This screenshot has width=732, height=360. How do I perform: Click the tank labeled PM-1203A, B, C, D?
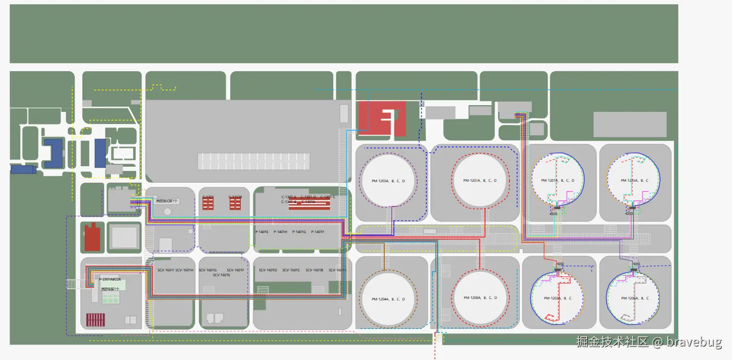pyautogui.click(x=389, y=180)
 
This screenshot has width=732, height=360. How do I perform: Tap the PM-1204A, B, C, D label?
pyautogui.click(x=389, y=299)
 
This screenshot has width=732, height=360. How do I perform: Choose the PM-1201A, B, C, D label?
pyautogui.click(x=558, y=180)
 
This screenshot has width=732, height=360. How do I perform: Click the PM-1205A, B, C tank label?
pyautogui.click(x=634, y=180)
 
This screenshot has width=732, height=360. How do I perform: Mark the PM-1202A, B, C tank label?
pyautogui.click(x=558, y=298)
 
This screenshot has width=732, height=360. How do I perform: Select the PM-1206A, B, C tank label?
pyautogui.click(x=634, y=298)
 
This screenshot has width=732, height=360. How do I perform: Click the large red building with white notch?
pyautogui.click(x=382, y=118)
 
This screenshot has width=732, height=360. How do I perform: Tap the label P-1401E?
pyautogui.click(x=262, y=232)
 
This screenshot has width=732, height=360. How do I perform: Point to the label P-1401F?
pyautogui.click(x=318, y=232)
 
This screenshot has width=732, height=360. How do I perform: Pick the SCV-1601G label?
pyautogui.click(x=208, y=270)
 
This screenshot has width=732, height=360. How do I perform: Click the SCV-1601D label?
pyautogui.click(x=268, y=270)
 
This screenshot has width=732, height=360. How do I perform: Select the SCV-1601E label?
pyautogui.click(x=221, y=275)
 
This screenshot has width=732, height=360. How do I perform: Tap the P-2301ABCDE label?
pyautogui.click(x=110, y=280)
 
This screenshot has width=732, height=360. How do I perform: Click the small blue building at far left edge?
pyautogui.click(x=23, y=169)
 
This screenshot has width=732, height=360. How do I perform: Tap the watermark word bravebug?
pyautogui.click(x=694, y=342)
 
